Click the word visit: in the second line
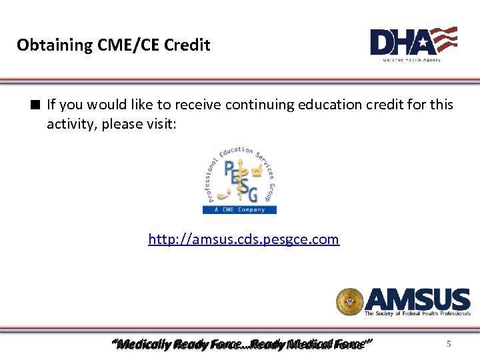[161, 124]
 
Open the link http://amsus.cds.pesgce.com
[243, 239]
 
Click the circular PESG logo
[239, 176]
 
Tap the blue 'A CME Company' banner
[239, 209]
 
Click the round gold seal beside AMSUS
[349, 301]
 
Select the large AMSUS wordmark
[417, 299]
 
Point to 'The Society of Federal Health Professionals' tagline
[417, 313]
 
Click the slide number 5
[449, 344]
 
